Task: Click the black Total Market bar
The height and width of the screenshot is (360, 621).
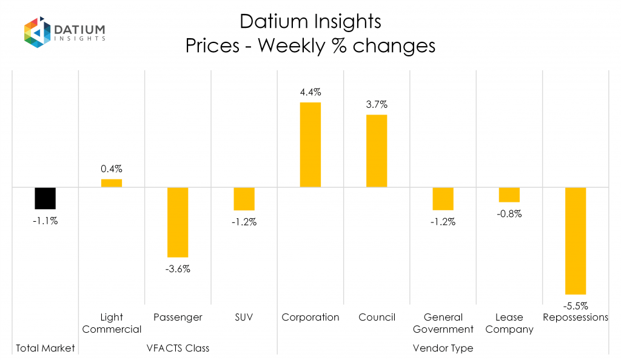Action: [45, 198]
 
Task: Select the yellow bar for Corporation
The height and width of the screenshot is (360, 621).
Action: [310, 145]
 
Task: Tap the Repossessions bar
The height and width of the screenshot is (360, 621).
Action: [576, 241]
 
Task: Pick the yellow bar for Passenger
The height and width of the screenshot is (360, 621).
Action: [178, 222]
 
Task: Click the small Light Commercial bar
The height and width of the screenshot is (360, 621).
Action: [112, 183]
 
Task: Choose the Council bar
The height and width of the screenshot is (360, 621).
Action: [377, 151]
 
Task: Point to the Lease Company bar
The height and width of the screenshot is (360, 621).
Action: [509, 195]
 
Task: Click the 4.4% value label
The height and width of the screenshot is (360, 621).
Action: [310, 93]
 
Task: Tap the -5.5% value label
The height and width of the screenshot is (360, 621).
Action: [576, 305]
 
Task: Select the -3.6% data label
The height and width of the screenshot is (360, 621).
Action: [178, 268]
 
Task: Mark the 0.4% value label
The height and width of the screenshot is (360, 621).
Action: [112, 169]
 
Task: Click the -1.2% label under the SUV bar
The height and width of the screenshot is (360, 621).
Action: [244, 222]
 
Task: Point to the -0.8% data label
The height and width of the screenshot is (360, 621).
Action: [509, 213]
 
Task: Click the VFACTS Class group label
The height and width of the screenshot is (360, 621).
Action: [178, 348]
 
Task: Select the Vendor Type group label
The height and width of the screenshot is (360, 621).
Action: [443, 348]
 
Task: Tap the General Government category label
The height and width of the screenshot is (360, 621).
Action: [443, 323]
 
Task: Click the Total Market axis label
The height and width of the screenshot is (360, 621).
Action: [45, 348]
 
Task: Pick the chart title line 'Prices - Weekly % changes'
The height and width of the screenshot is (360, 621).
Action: [310, 45]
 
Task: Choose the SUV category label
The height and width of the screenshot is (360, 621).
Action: [244, 317]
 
